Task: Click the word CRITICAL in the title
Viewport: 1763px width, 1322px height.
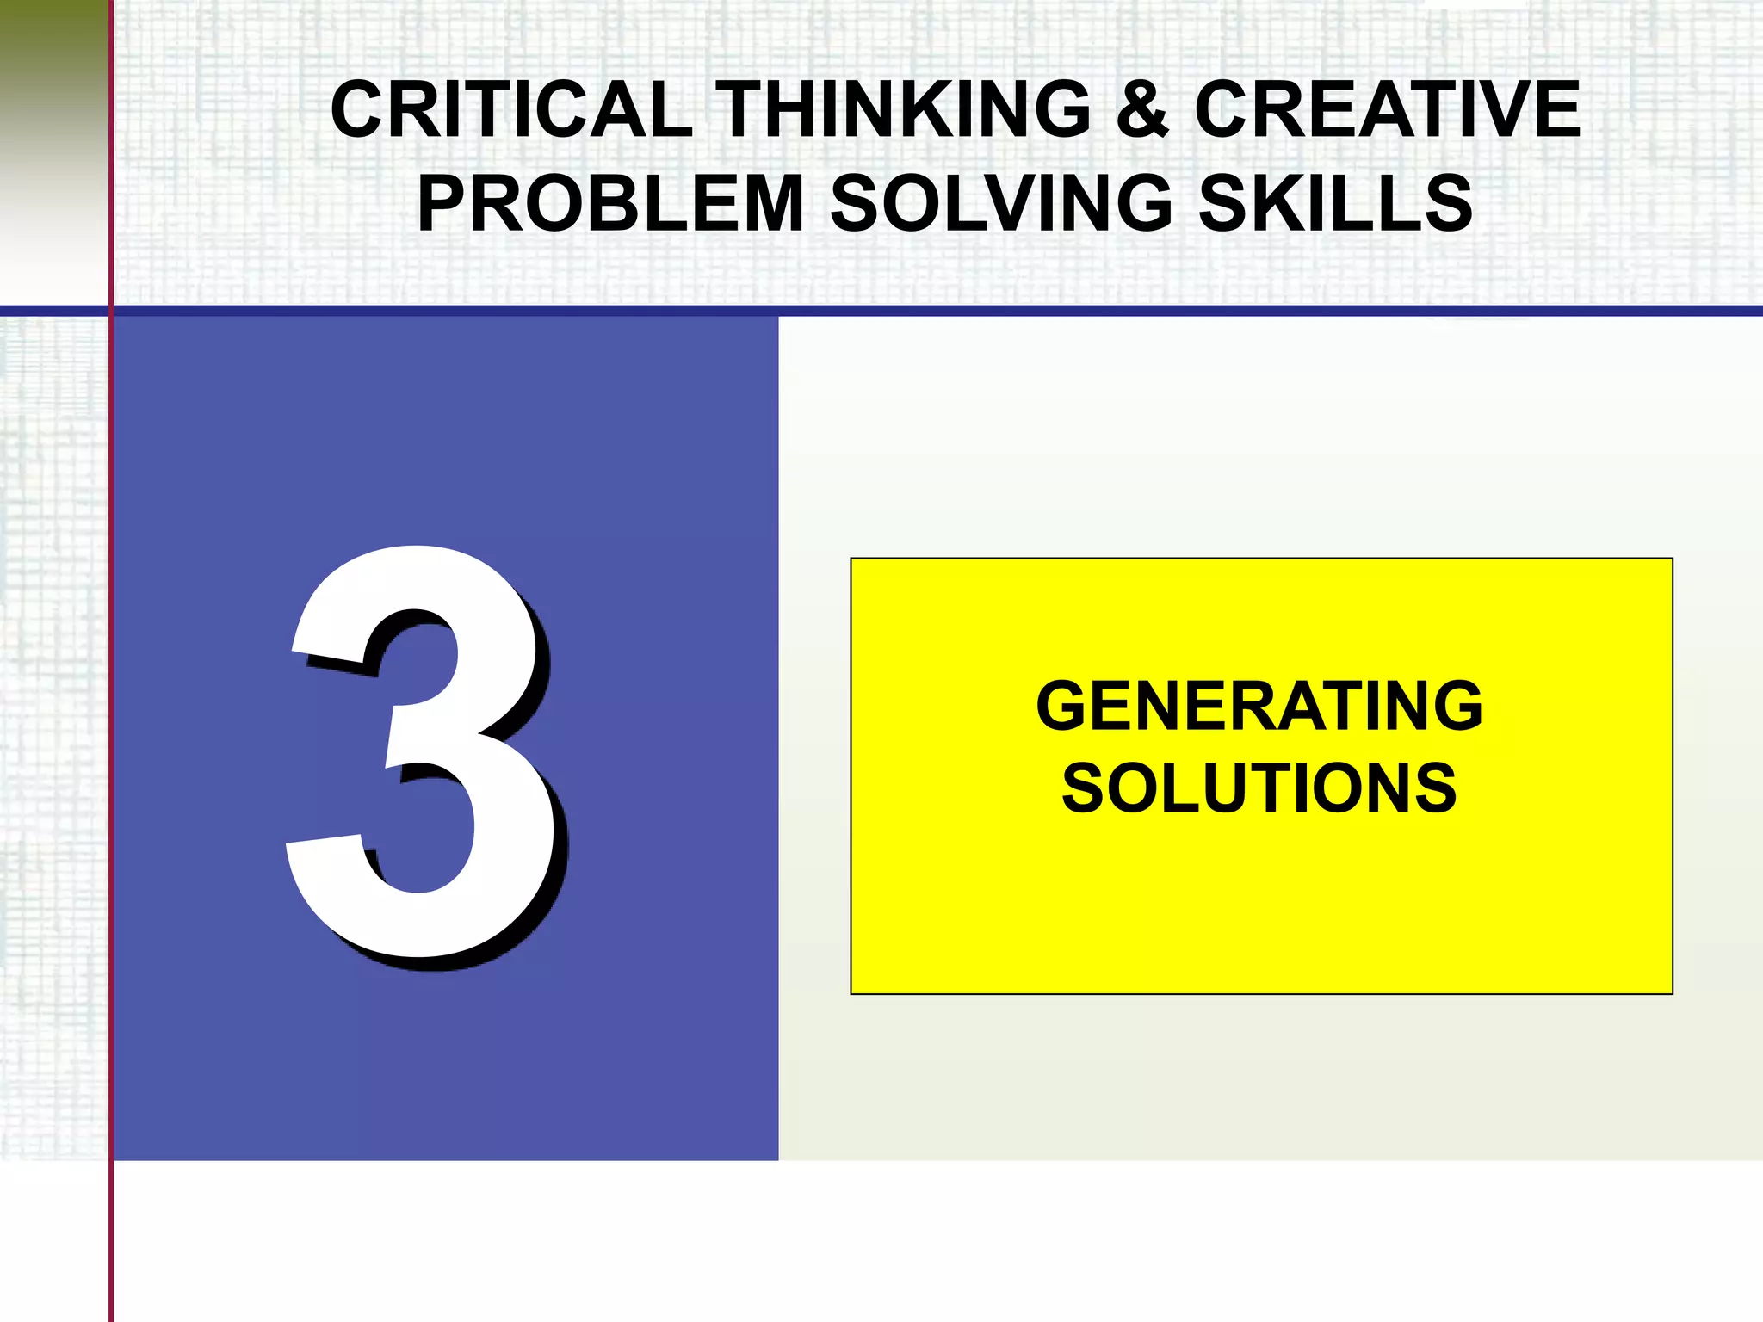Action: [x=511, y=110]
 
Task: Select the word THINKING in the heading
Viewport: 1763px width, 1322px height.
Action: [x=903, y=110]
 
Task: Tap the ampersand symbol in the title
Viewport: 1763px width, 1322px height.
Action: [x=1142, y=110]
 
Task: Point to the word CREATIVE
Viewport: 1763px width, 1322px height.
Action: [x=1387, y=110]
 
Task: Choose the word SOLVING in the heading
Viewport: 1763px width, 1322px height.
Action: [x=1000, y=204]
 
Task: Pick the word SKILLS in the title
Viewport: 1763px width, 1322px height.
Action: [x=1335, y=204]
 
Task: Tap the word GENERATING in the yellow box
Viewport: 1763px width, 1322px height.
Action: [x=1259, y=707]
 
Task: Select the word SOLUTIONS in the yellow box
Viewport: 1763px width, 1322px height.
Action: [x=1259, y=788]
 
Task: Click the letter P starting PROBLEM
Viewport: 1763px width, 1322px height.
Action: [x=441, y=204]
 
